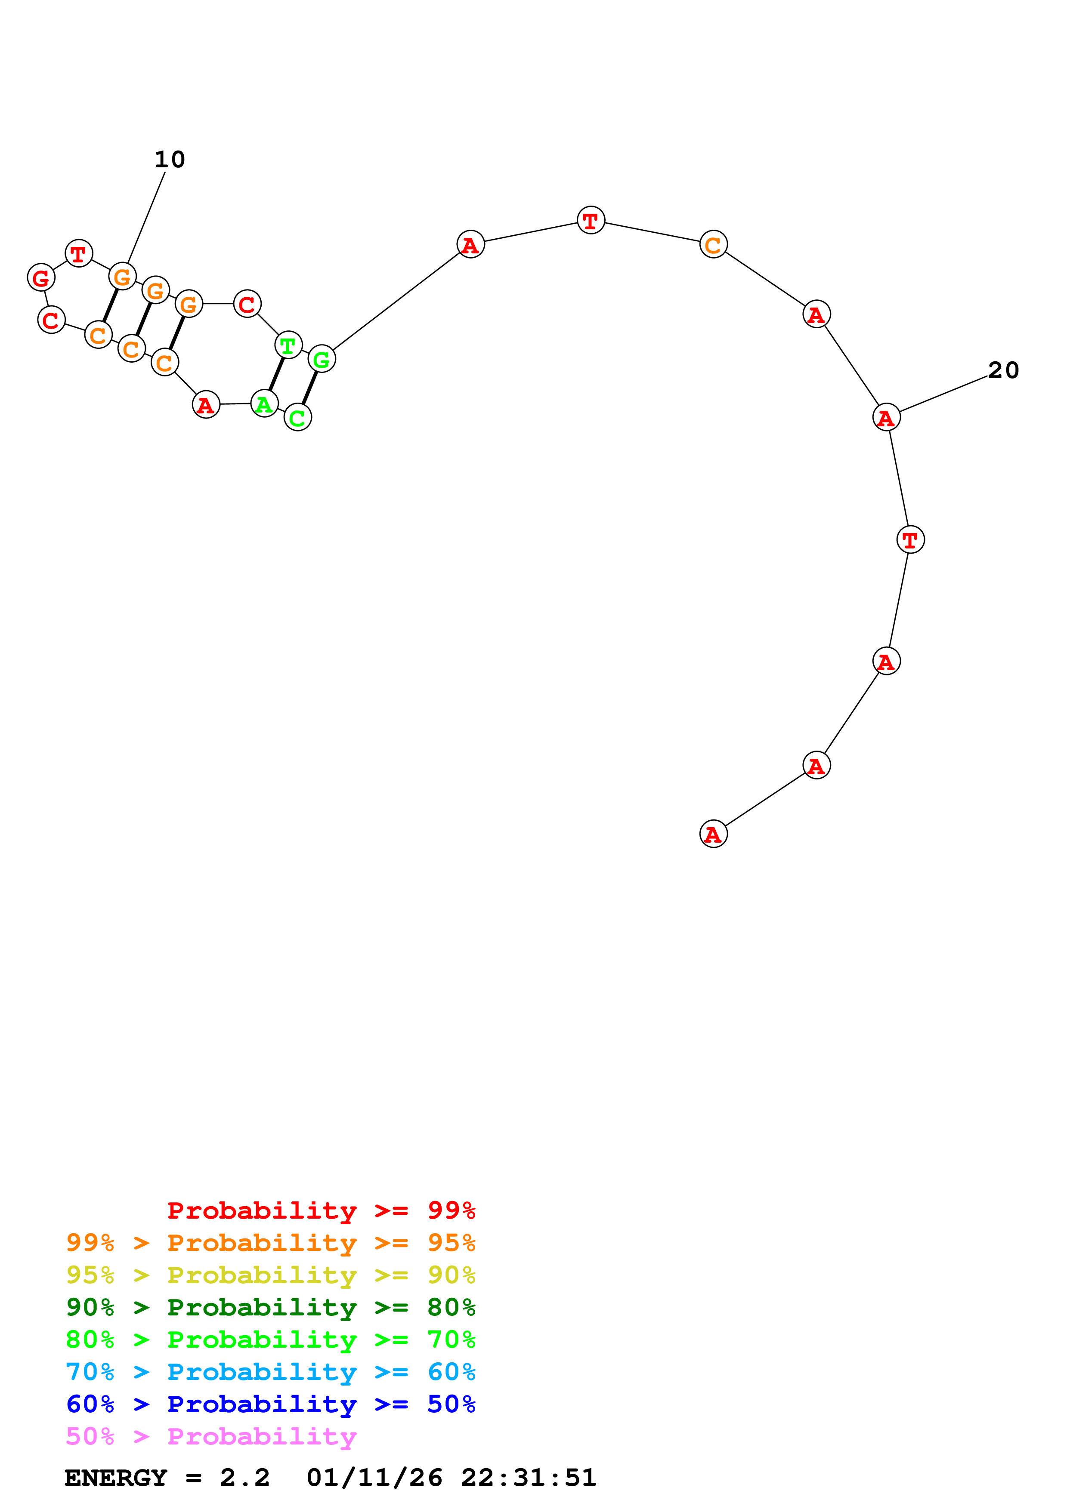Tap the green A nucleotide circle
tap(264, 403)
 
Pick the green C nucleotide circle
tap(298, 417)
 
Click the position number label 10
tap(170, 159)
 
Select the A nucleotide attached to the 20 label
tap(886, 417)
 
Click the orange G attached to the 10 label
tap(122, 276)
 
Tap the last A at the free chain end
tap(713, 834)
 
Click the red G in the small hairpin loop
tap(41, 277)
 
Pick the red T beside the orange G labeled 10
tap(79, 253)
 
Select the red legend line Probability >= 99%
tap(321, 1210)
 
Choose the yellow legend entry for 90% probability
tap(270, 1275)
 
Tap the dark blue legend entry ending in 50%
tap(270, 1404)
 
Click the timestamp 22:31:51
tap(528, 1478)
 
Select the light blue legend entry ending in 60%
tap(270, 1372)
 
